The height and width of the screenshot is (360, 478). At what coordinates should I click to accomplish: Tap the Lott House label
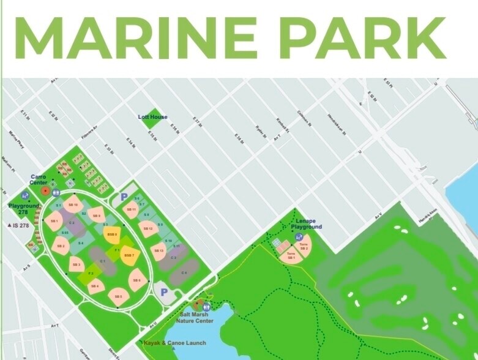coord(152,117)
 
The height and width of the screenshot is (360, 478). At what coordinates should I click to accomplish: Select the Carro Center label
coord(39,179)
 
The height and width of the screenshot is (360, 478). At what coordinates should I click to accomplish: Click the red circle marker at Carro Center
coord(45,191)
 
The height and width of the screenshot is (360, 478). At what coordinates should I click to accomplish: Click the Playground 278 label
coord(23,209)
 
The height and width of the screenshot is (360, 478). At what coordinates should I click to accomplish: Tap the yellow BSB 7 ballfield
coord(129,255)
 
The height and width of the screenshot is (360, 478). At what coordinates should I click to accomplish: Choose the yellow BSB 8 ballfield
coord(112,234)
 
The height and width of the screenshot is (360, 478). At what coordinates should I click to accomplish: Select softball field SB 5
coord(118,296)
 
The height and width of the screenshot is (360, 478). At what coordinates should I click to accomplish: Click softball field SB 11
coord(130,209)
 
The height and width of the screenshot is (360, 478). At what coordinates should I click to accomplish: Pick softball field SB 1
coord(54,220)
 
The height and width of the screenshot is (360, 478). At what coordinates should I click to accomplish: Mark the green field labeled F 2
coord(91,272)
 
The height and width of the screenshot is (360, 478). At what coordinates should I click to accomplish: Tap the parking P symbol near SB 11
coord(124,197)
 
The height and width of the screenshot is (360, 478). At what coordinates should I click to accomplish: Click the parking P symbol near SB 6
coord(164,293)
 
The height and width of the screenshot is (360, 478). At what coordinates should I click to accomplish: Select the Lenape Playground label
coord(306,223)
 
